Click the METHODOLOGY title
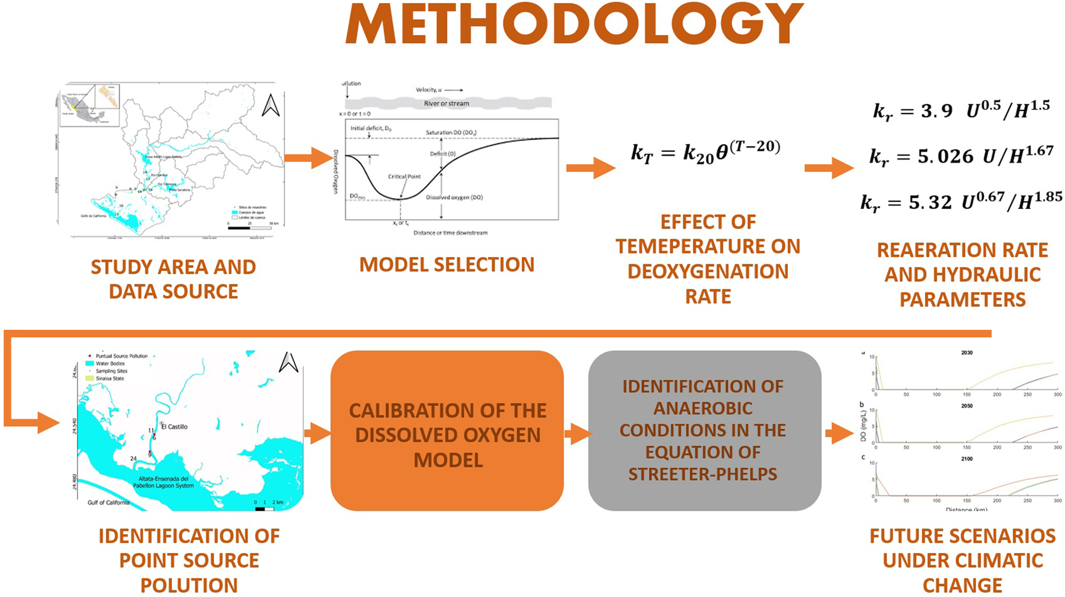[x=574, y=25]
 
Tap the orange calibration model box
[x=447, y=431]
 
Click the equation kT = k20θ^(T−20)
[x=706, y=151]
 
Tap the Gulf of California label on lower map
[x=108, y=503]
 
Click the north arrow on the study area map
[x=271, y=106]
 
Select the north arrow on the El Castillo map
[x=288, y=362]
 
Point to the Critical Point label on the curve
[x=404, y=177]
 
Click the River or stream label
[x=447, y=103]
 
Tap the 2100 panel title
[x=966, y=459]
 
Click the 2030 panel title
[x=966, y=353]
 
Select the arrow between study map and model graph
[x=308, y=159]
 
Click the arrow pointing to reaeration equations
[x=829, y=168]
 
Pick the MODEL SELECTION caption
[x=447, y=265]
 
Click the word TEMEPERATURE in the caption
[x=707, y=247]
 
